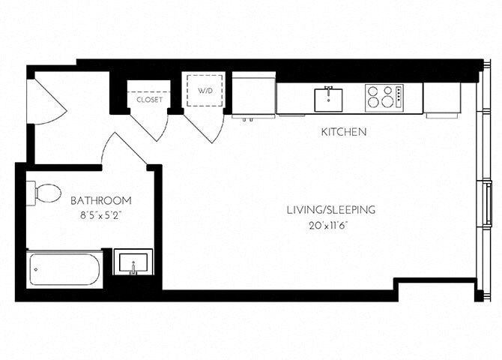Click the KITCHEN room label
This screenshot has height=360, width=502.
(x=343, y=132)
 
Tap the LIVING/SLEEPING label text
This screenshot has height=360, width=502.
(x=330, y=209)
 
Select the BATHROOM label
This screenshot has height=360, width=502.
(x=101, y=200)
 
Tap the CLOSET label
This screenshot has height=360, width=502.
(x=149, y=99)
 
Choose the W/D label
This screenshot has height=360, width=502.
(x=205, y=91)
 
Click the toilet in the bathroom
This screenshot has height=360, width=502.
(x=44, y=193)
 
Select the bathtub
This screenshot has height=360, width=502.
(x=64, y=269)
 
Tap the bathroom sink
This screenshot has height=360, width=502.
(x=133, y=263)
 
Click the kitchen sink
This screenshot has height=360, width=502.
(x=328, y=98)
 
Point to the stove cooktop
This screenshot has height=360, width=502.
(x=380, y=97)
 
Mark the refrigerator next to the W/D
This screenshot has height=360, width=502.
(x=253, y=94)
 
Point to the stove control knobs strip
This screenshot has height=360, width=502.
(x=399, y=97)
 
